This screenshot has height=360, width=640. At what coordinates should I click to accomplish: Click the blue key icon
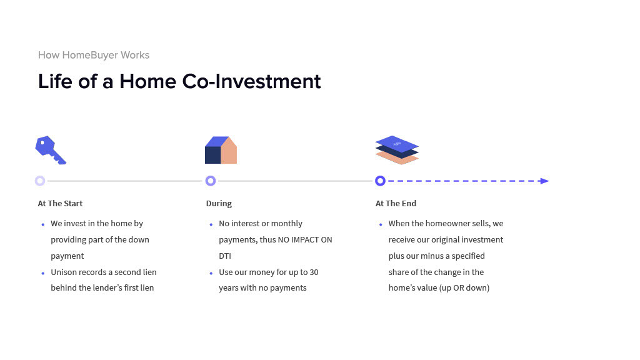click(50, 149)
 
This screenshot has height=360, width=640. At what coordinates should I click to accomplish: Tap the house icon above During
click(221, 150)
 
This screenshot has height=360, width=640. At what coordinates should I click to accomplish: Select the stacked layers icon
click(397, 150)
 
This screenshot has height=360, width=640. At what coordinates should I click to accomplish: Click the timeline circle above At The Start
click(40, 181)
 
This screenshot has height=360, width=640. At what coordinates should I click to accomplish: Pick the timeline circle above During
click(211, 181)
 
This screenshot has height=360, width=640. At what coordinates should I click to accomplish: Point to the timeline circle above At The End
click(380, 181)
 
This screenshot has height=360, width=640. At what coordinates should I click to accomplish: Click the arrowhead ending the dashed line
click(544, 181)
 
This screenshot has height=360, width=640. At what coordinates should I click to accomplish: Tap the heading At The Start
click(60, 203)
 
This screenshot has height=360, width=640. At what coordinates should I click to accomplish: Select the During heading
click(219, 203)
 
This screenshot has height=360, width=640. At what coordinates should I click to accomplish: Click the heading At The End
click(396, 203)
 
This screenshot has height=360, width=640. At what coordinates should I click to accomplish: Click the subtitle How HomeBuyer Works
click(94, 55)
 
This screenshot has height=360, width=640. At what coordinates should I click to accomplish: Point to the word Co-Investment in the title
click(251, 81)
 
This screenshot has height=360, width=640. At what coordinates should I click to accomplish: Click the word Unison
click(63, 272)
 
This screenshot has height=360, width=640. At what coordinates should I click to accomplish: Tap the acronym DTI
click(225, 256)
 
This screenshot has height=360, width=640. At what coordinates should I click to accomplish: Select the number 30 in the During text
click(314, 272)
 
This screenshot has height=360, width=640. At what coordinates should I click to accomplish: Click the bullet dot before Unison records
click(43, 273)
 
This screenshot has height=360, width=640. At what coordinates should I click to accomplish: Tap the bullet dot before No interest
click(211, 224)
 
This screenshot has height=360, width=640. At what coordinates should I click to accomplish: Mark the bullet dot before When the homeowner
click(381, 224)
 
